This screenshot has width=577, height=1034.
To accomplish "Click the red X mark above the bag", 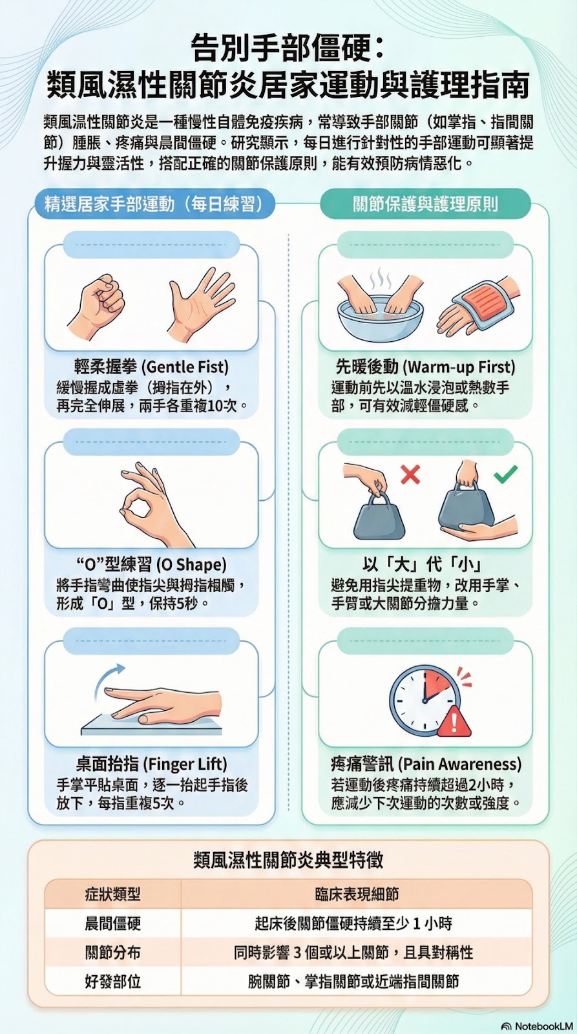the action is (x=410, y=474).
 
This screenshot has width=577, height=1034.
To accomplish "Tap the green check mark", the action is (x=505, y=474).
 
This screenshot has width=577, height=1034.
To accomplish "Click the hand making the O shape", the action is (x=152, y=503).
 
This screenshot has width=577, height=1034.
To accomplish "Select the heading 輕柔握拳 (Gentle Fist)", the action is (x=151, y=366).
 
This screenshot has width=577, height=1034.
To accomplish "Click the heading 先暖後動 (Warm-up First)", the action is (x=425, y=366).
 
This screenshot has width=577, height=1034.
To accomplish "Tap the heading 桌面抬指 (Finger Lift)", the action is (x=151, y=764).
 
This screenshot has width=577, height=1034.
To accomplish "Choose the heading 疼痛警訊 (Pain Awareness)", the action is (x=426, y=764).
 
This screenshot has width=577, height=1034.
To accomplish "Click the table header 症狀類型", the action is (x=112, y=894).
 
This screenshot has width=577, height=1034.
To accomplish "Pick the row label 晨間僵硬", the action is (x=112, y=923).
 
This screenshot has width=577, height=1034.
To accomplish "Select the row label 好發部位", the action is (x=112, y=982).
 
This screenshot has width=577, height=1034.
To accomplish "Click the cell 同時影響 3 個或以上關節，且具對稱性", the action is (x=353, y=953).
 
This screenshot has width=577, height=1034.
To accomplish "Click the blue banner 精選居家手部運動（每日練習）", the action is (x=154, y=204).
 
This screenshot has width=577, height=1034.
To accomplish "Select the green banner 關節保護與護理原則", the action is (x=425, y=204).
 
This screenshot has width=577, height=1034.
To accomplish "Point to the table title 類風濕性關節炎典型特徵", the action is (x=288, y=860).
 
